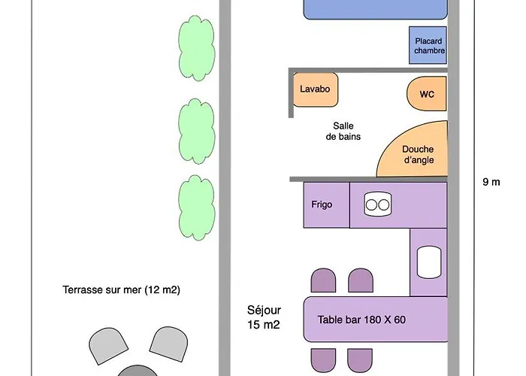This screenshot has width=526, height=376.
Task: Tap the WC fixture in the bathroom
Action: tap(427, 94)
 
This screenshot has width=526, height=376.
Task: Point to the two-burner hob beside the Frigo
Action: tap(377, 204)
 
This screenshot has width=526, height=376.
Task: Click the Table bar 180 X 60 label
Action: tap(361, 320)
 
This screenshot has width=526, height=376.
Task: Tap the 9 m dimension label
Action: tap(491, 181)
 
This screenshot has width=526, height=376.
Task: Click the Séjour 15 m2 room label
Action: tap(264, 317)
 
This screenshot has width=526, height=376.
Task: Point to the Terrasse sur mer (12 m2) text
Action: tap(122, 290)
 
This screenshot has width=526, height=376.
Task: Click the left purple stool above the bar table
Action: tap(324, 281)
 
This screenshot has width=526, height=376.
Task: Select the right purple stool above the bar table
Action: tap(361, 281)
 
